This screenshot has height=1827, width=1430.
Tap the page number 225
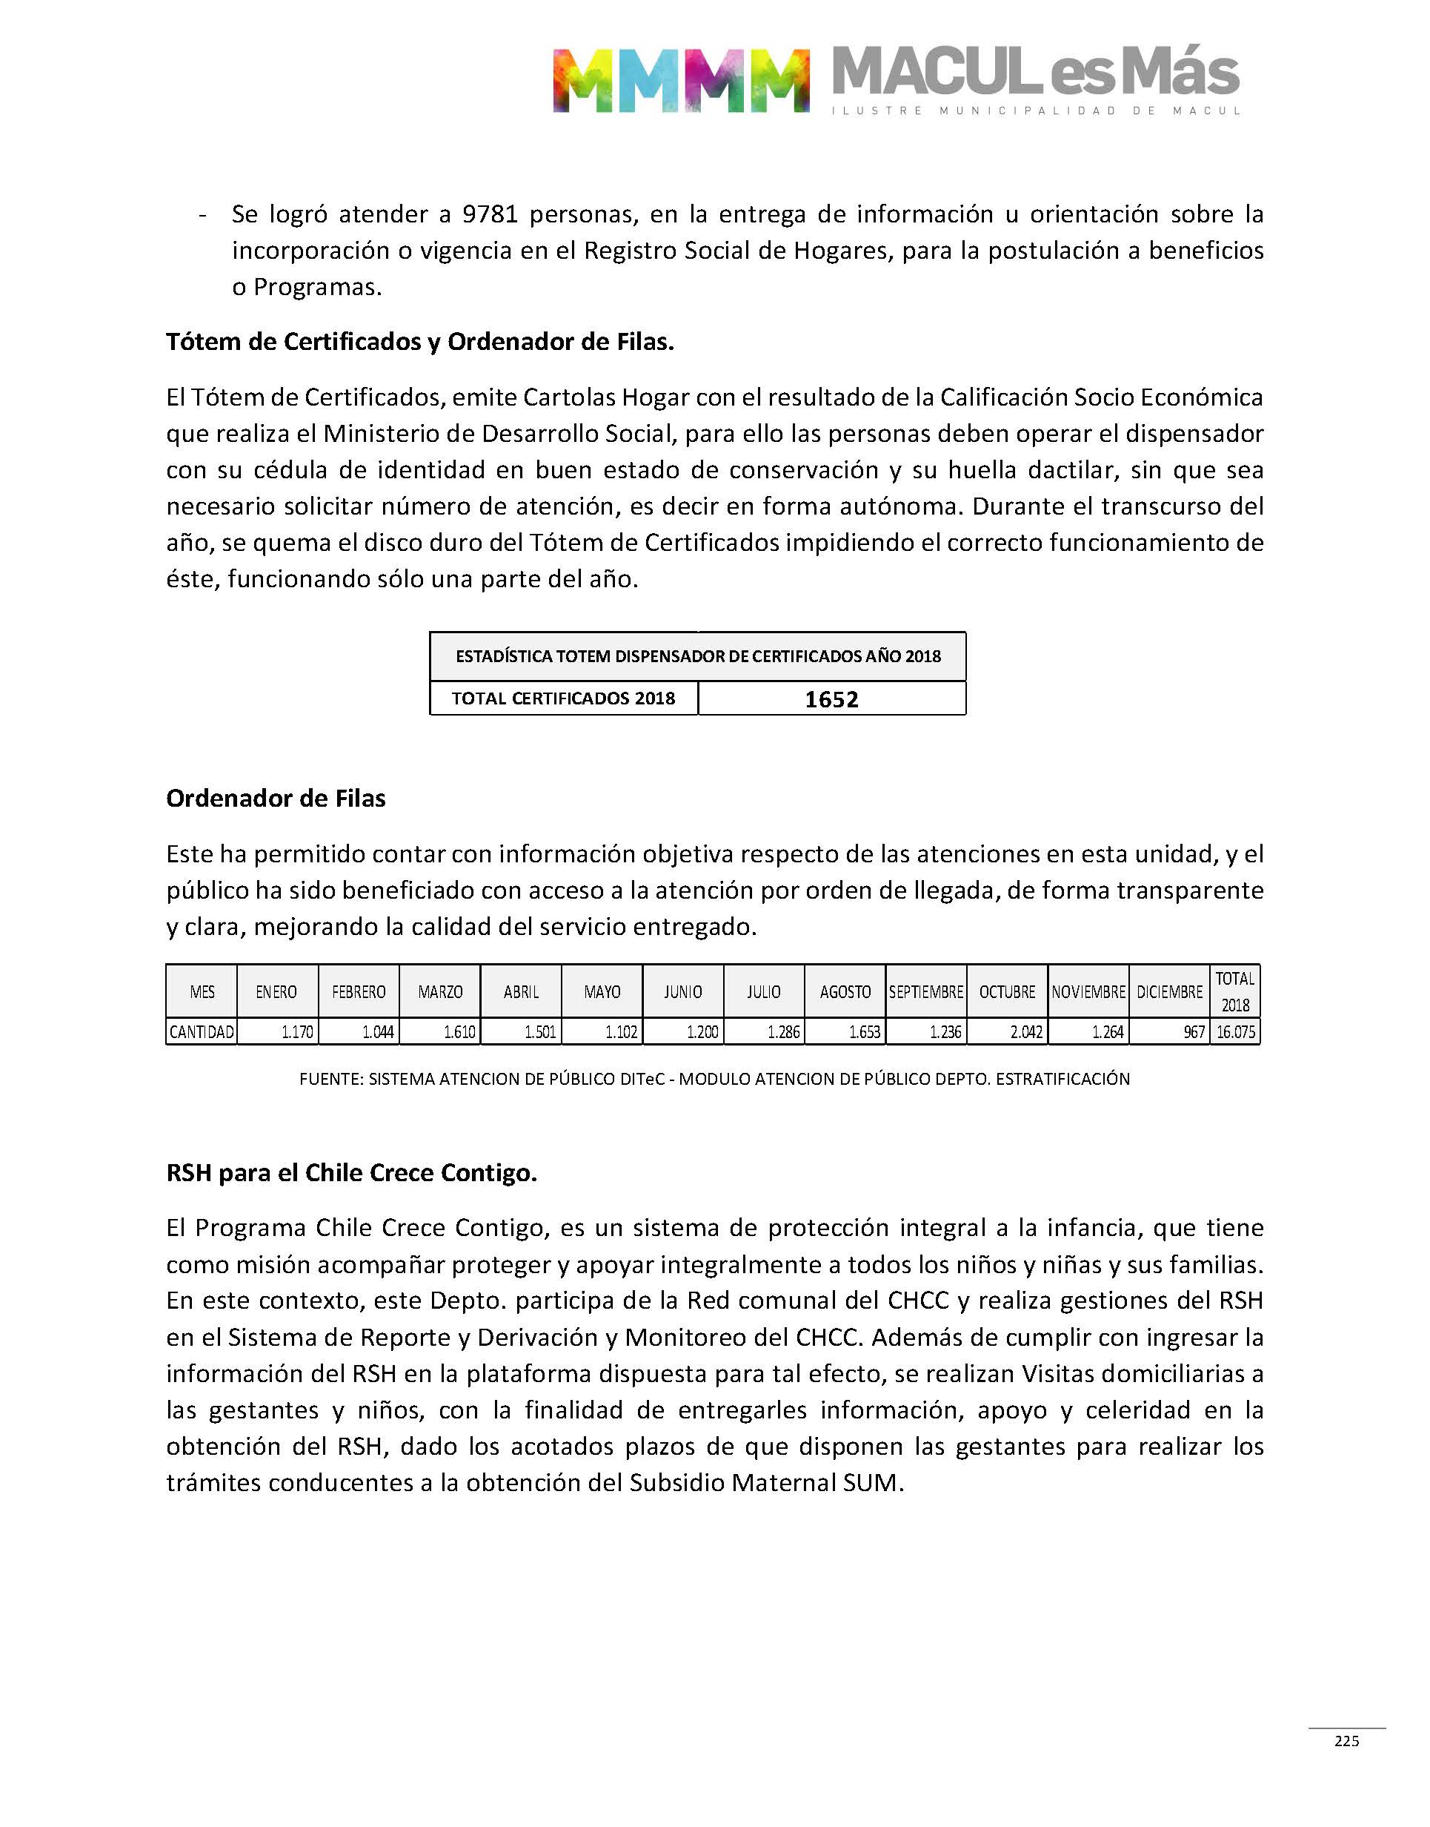point(1346,1741)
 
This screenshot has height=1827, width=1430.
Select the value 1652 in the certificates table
point(831,699)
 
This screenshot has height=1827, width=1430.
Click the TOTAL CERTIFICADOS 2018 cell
point(563,698)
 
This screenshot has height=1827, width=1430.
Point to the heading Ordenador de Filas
point(276,799)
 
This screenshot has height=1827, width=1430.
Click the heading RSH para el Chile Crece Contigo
point(352,1172)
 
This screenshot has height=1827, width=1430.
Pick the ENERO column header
point(276,992)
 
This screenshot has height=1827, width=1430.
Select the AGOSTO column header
point(845,992)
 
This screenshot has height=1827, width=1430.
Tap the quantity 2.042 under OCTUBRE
point(1025,1032)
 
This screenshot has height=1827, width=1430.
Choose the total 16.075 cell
point(1236,1032)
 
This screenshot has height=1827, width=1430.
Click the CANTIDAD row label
point(202,1032)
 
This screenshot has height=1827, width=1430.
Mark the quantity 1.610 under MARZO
point(459,1032)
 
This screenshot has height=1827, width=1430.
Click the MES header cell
point(202,992)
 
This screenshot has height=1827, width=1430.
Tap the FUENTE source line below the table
point(714,1079)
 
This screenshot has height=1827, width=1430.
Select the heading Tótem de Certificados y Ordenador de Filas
point(419,342)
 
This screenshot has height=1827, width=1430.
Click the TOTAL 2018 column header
point(1235,992)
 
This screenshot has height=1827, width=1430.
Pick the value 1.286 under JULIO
point(784,1032)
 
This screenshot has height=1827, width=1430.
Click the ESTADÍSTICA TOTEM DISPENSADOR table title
point(697,656)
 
